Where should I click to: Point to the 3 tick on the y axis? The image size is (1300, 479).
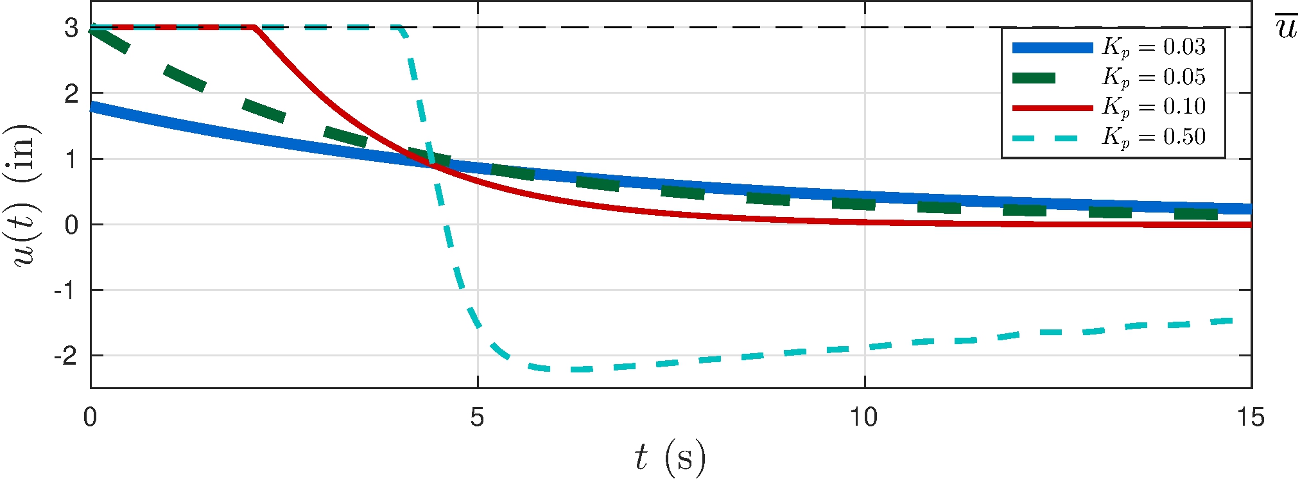(71, 28)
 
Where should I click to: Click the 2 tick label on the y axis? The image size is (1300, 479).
(71, 94)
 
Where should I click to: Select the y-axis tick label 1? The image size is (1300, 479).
(71, 159)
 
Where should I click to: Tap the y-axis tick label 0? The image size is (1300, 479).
(71, 225)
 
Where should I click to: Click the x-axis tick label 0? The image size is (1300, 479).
(91, 417)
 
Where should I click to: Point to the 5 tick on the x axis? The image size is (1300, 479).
(477, 417)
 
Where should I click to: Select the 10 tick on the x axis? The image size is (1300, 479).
(864, 417)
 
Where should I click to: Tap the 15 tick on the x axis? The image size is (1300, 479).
(1251, 417)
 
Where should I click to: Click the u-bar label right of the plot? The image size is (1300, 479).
(1286, 28)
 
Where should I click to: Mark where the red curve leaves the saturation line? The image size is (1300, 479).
(254, 28)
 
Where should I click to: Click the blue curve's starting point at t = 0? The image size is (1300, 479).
(92, 107)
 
